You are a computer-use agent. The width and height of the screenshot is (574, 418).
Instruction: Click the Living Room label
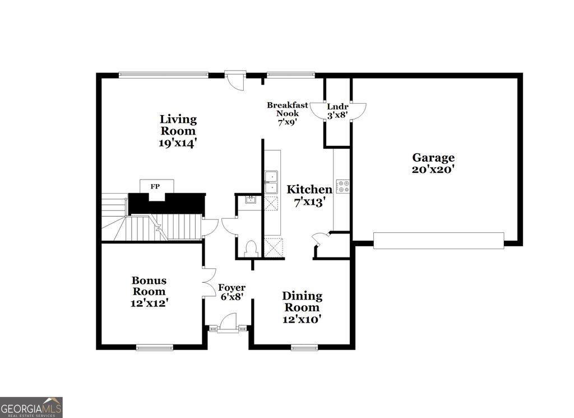coord(178,131)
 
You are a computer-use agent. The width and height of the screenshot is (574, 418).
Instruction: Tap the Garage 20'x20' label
coord(433,163)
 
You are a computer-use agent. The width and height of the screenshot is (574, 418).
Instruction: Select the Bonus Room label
coord(149,291)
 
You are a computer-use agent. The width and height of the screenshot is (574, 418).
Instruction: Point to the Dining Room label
coord(302,307)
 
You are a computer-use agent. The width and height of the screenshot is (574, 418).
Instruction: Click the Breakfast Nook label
coord(286,113)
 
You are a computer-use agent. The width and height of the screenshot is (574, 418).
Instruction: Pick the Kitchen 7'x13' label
coord(309,196)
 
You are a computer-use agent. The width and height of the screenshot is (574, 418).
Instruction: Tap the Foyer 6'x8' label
coord(232,292)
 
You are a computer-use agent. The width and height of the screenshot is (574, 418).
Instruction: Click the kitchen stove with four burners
coord(342,186)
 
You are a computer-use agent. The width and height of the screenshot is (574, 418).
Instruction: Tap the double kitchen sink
coord(271,182)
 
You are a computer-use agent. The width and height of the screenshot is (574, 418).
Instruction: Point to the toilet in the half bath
coord(251,249)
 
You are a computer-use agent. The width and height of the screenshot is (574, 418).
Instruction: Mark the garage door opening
coord(438,240)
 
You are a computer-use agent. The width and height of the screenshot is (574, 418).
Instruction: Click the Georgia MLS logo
coord(31,407)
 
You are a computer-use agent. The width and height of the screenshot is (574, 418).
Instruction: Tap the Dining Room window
coord(304,347)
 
